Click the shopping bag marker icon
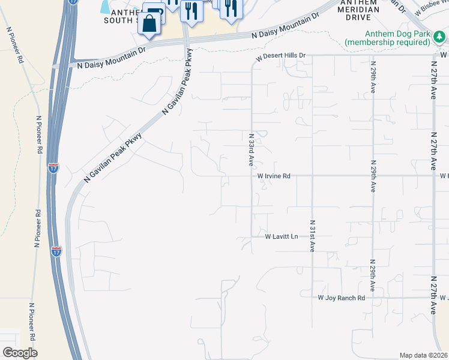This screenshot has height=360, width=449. (x=150, y=24)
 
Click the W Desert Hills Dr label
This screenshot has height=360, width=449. (x=281, y=56)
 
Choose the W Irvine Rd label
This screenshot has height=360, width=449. (x=274, y=176)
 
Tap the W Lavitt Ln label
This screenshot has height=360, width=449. (x=282, y=237)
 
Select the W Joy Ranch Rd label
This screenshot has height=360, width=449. (x=341, y=298)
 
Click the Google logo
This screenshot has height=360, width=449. (x=20, y=353)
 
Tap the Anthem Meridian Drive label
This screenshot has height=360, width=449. (x=359, y=10)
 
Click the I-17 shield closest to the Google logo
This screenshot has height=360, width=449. (x=56, y=251)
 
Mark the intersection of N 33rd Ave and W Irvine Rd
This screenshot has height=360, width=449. (x=252, y=176)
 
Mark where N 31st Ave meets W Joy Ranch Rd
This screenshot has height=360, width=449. (x=312, y=298)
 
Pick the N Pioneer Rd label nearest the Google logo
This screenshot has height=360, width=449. (x=32, y=321)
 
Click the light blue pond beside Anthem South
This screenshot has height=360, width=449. (x=106, y=6)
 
